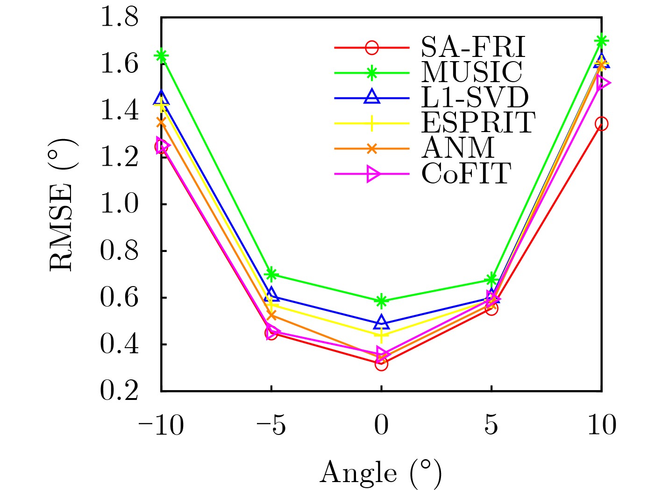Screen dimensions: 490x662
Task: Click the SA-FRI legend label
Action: (473, 47)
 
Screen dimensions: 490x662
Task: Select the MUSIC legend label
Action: (471, 72)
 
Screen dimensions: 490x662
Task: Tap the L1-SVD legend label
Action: (475, 98)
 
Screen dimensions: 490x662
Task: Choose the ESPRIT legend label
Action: (478, 123)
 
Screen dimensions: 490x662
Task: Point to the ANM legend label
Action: (458, 148)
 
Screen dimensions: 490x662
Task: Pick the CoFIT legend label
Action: (466, 174)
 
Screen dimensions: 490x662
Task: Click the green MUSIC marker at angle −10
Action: (162, 56)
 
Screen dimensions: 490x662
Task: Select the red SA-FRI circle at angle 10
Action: (601, 124)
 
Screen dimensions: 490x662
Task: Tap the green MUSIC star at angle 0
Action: (381, 301)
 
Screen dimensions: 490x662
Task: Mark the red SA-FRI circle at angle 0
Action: (381, 364)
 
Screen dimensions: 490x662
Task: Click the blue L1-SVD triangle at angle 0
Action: (381, 322)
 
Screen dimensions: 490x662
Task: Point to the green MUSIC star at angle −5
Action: (271, 274)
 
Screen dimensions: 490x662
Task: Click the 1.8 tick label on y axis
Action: (120, 18)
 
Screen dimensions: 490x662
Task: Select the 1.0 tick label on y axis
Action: (120, 204)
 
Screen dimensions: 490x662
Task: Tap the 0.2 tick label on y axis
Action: (120, 391)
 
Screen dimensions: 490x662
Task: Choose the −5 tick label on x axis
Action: (271, 426)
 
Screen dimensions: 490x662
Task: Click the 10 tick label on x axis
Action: (601, 426)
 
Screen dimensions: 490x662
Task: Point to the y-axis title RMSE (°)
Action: (62, 204)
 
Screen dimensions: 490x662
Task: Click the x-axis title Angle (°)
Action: (381, 473)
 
